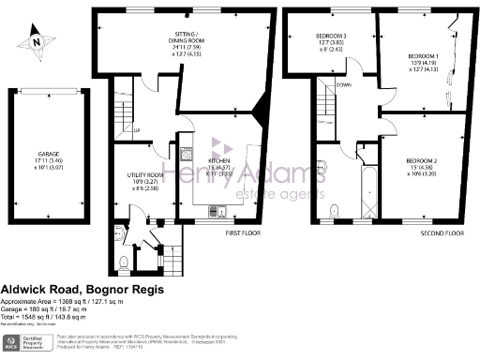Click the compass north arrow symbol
point(36,39)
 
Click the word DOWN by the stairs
point(343,83)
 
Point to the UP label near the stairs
point(137,130)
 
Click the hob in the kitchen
point(186,154)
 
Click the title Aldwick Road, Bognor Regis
point(82,291)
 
